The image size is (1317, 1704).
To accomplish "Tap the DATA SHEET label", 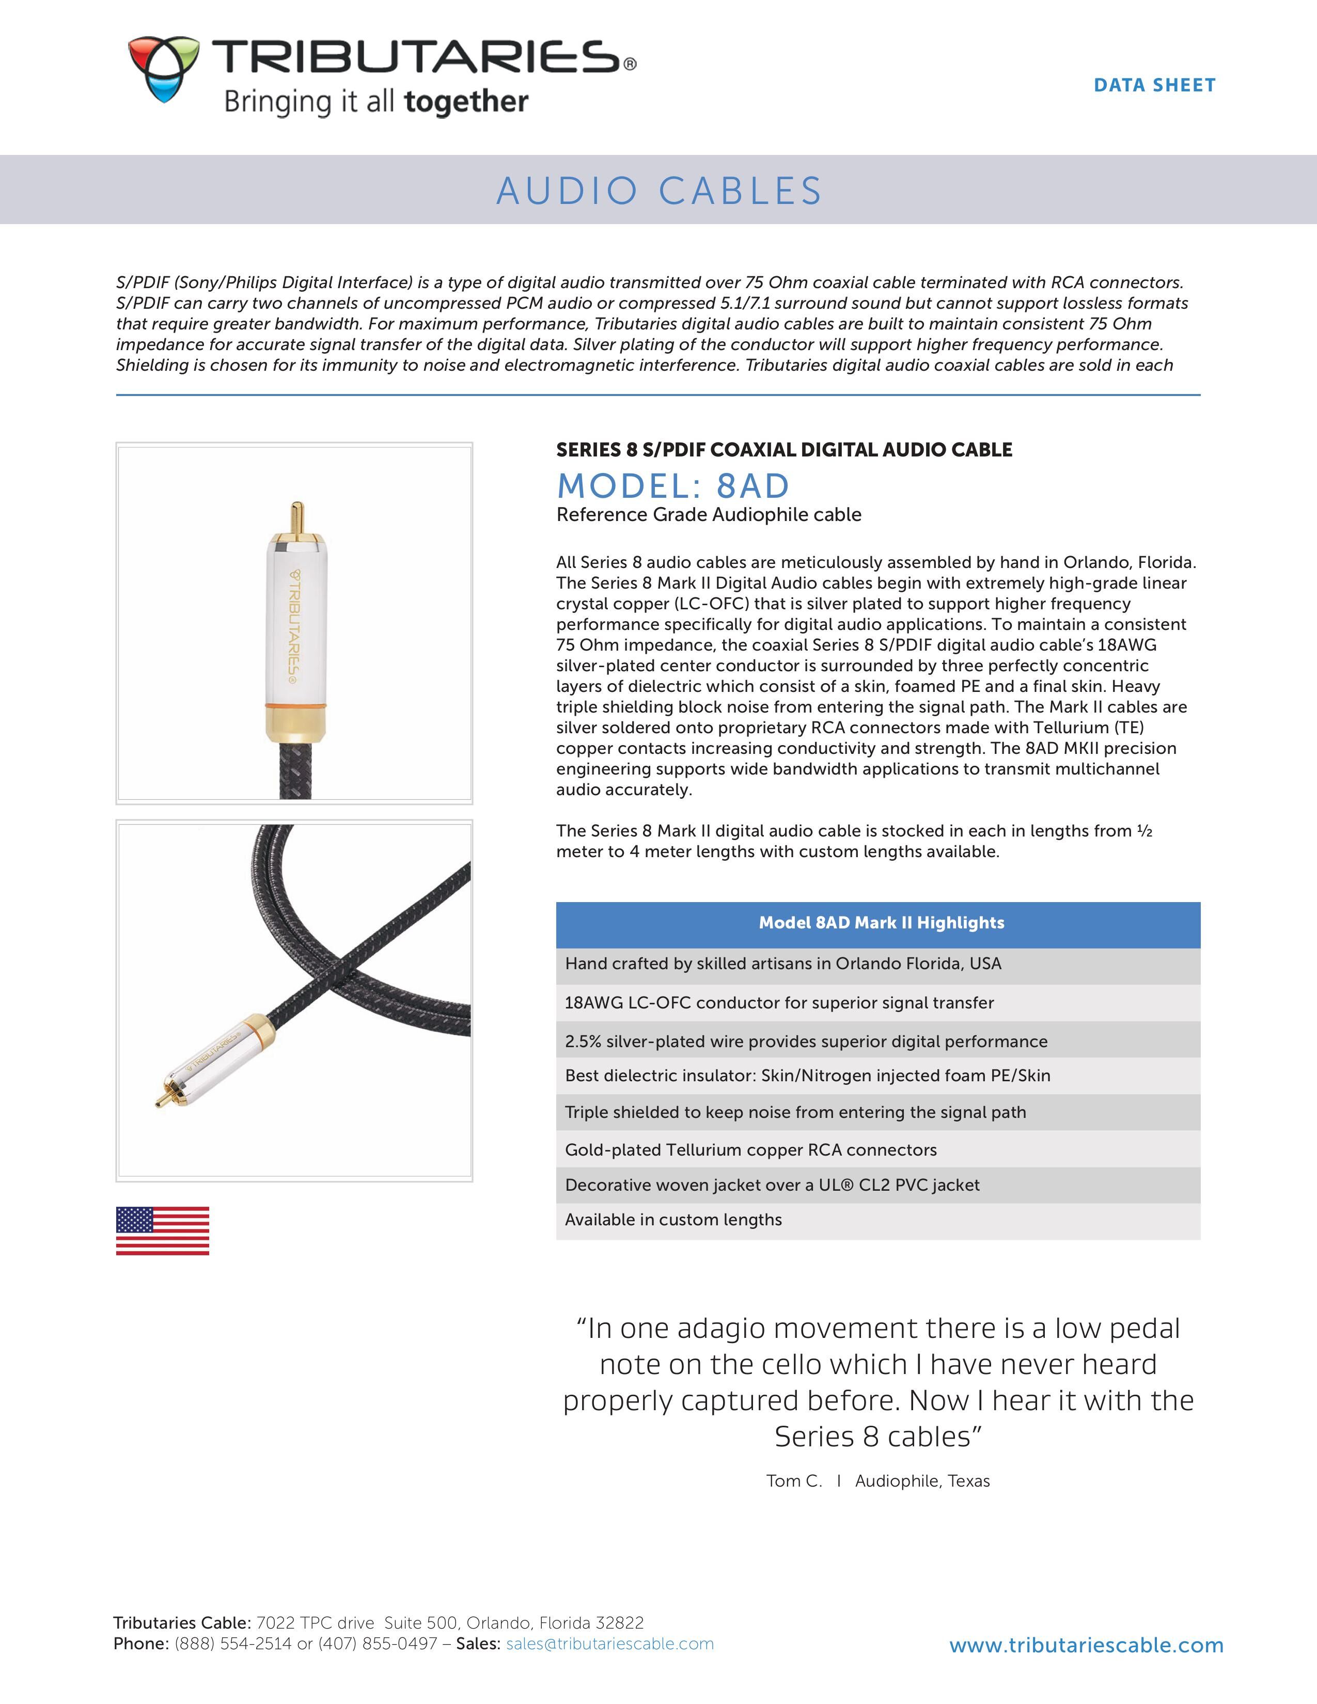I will click(1154, 85).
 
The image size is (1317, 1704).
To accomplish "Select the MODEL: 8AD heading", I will click(672, 485).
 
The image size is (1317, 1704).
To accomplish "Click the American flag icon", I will click(162, 1230).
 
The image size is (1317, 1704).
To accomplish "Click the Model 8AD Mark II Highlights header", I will click(881, 922).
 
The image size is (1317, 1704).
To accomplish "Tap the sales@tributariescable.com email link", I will click(609, 1643).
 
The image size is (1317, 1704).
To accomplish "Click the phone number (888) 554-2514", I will click(233, 1643).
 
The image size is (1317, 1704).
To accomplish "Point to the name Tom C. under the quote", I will click(793, 1480).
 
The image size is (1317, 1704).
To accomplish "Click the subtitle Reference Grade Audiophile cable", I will click(709, 515).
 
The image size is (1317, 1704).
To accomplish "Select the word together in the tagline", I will click(466, 101).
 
